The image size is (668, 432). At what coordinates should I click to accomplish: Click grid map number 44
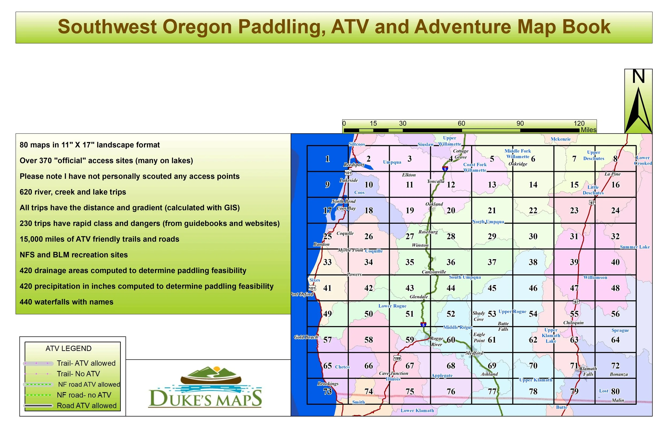point(451,288)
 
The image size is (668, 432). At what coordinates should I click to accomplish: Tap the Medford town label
point(474,353)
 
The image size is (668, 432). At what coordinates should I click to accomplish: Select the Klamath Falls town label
point(588,371)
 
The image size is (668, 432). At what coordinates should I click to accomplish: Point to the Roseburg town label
point(428,232)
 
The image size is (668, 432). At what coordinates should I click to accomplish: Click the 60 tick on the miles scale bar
point(461,123)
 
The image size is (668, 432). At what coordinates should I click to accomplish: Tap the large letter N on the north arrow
point(639,77)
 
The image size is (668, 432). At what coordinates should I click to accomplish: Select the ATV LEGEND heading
point(68,348)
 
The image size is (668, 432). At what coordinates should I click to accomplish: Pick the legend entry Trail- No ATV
point(78,374)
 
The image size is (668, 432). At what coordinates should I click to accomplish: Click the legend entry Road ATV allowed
point(87,406)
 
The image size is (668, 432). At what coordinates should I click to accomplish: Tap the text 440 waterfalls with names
point(67,302)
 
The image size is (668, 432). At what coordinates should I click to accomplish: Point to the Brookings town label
point(328,384)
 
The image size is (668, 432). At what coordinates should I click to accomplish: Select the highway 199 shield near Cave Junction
point(397,358)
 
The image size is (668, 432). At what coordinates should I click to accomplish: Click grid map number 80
point(615,391)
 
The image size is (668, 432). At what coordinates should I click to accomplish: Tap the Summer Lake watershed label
point(635,247)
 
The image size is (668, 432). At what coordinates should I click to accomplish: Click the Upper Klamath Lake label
point(551,336)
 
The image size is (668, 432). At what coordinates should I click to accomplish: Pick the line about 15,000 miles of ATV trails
point(99,239)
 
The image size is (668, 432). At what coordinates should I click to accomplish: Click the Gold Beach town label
point(306,337)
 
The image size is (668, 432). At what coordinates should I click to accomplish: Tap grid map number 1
point(327,159)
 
